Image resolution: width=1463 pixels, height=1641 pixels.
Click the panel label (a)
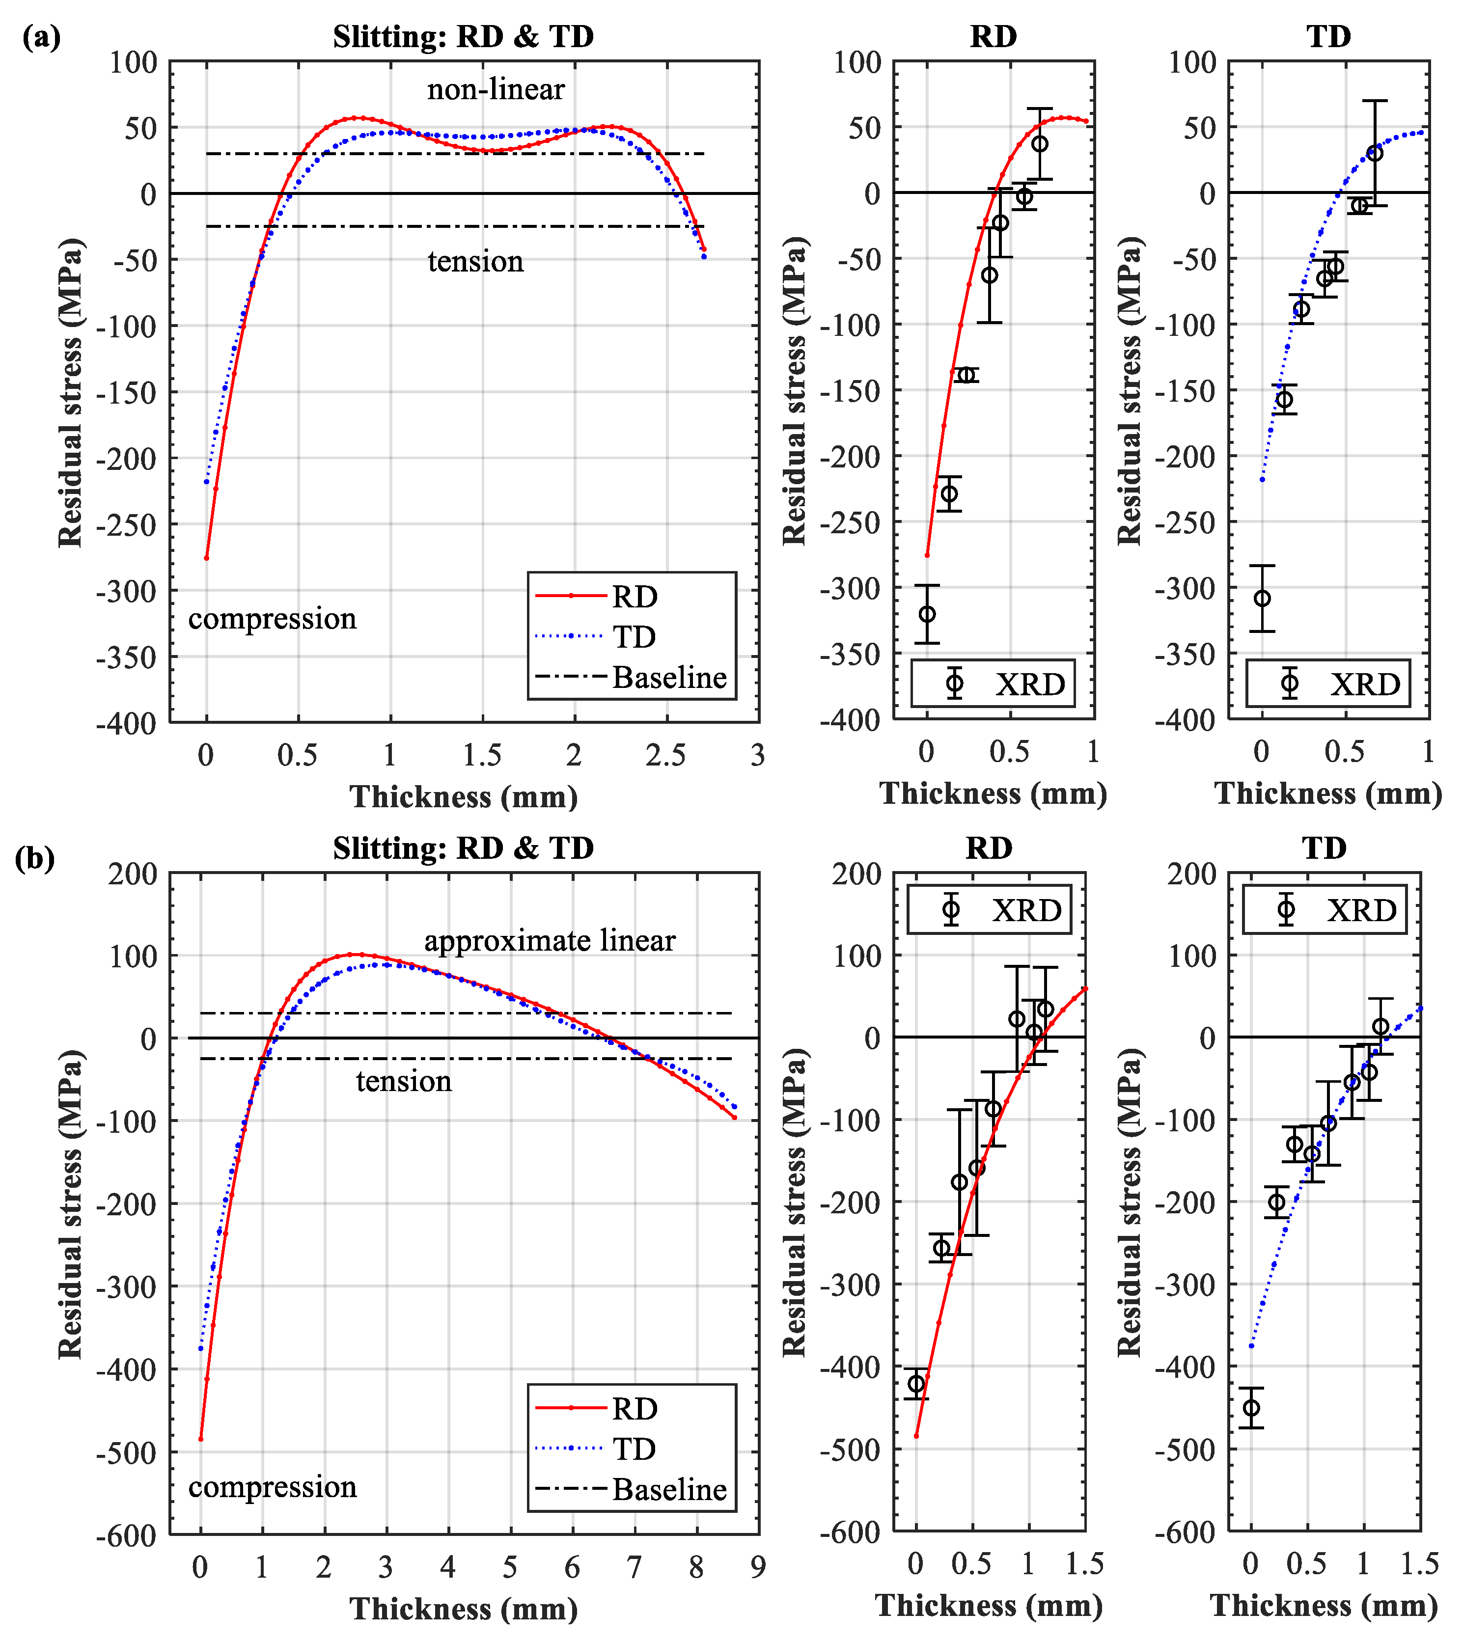point(41,37)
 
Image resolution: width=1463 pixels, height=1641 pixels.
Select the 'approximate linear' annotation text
point(550,940)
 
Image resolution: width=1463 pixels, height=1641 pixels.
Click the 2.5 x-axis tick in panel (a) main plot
point(665,755)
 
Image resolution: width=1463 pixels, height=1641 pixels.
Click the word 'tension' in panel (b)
point(404,1082)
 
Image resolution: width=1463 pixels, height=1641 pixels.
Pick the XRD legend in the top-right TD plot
point(1328,684)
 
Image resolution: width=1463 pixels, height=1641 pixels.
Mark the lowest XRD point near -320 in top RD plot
point(927,614)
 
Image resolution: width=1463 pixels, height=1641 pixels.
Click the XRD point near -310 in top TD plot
point(1262,598)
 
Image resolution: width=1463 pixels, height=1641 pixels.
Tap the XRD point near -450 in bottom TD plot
point(1251,1408)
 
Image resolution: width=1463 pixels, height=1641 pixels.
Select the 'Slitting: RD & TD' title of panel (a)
point(463,37)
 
